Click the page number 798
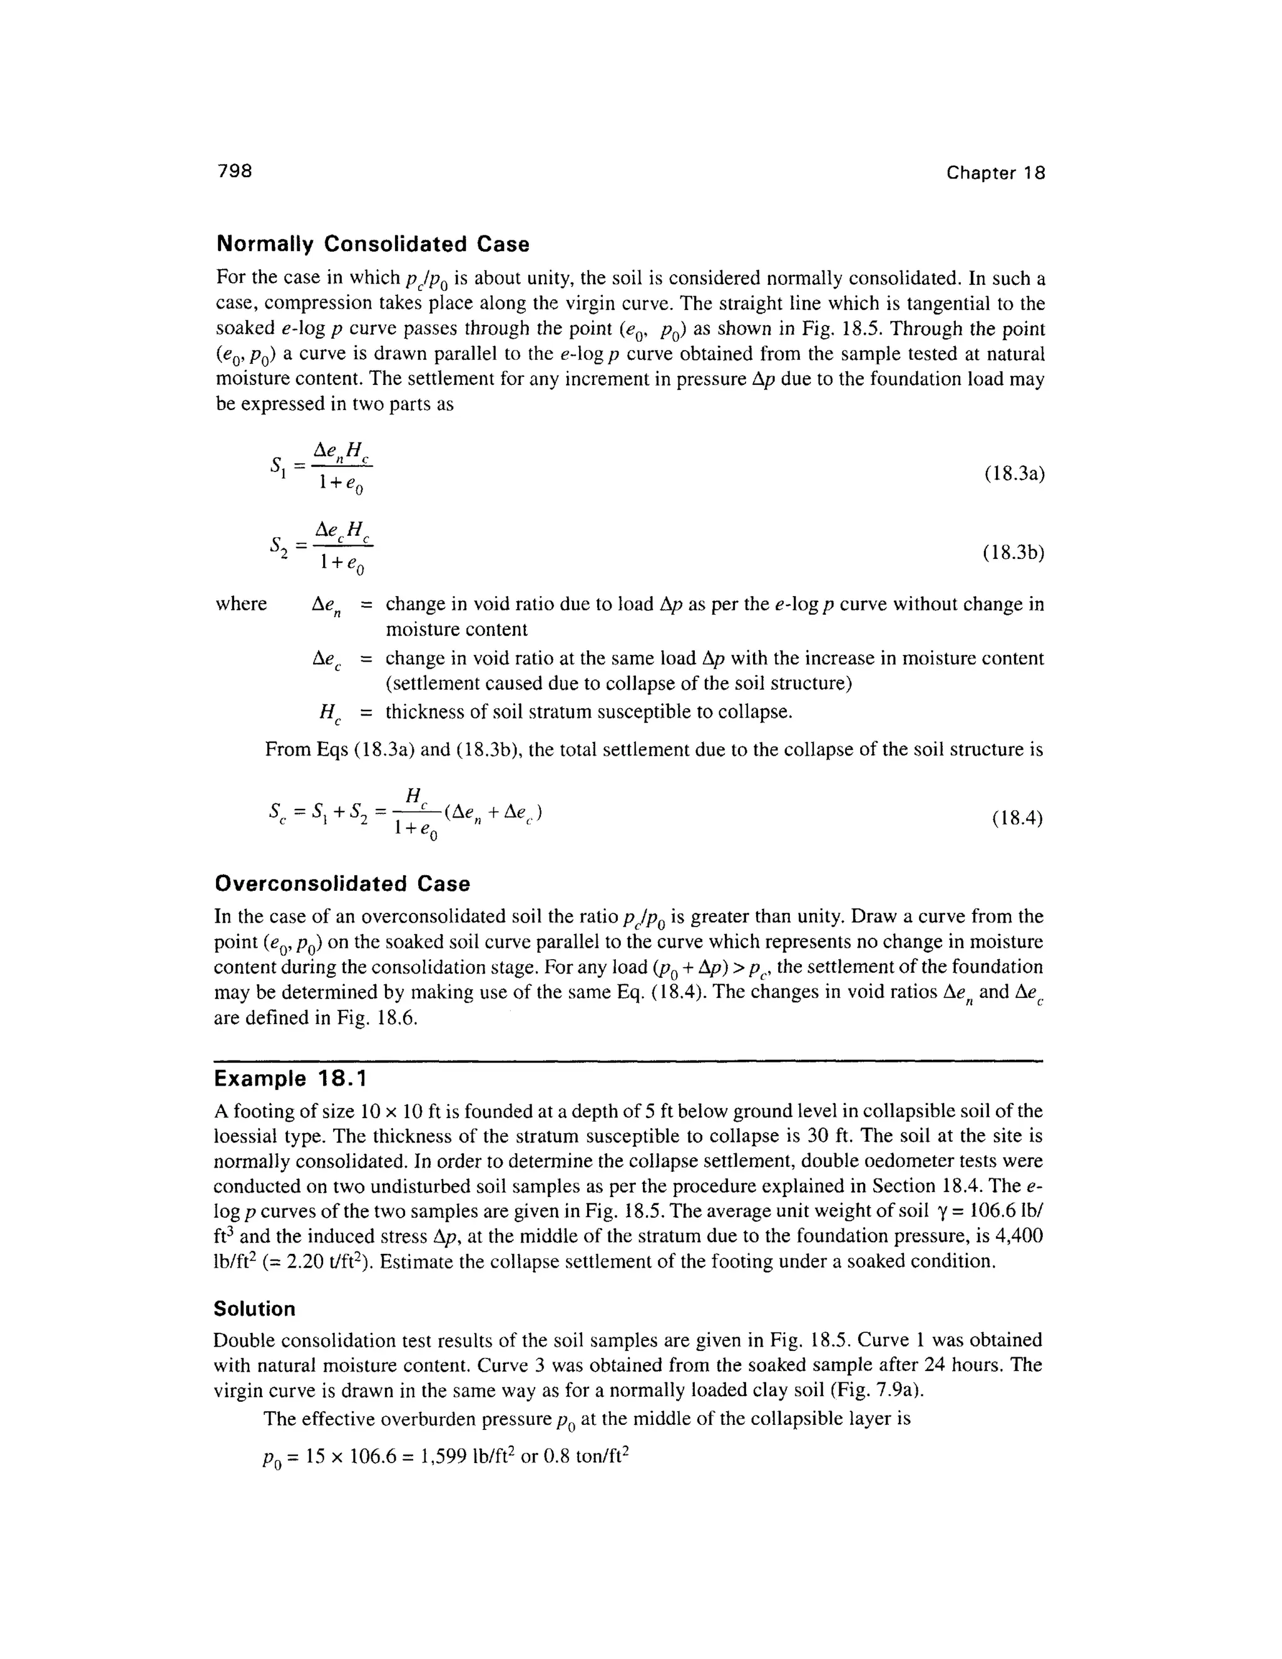[x=234, y=172]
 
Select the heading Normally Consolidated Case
[x=373, y=245]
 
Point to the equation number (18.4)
[x=1017, y=819]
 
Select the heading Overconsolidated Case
[x=342, y=884]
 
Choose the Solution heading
[x=254, y=1309]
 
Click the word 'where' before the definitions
[x=242, y=605]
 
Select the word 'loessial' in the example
[x=250, y=1136]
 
